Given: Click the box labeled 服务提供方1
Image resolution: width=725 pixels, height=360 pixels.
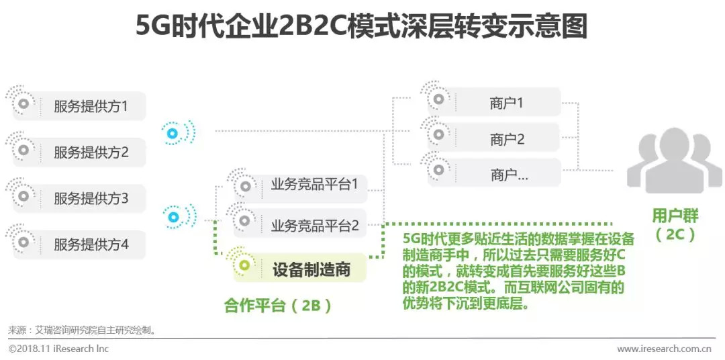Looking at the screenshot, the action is pyautogui.click(x=90, y=105).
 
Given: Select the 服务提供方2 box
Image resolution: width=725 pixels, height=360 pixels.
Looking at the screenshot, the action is pyautogui.click(x=90, y=152).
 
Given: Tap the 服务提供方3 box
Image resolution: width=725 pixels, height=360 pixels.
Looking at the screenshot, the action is pyautogui.click(x=90, y=198).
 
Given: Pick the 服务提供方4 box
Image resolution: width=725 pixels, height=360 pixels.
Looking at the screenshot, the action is pyautogui.click(x=90, y=244).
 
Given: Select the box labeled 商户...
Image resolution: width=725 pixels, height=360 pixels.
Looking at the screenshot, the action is pyautogui.click(x=506, y=175).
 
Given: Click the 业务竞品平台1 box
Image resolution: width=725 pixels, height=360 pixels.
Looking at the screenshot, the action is pyautogui.click(x=314, y=184).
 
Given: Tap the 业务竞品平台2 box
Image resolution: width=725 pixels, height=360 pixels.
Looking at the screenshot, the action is pyautogui.click(x=314, y=226).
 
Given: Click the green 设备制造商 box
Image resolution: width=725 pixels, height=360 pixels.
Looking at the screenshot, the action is pyautogui.click(x=311, y=269).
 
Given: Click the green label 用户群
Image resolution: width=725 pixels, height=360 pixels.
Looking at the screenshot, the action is pyautogui.click(x=675, y=216).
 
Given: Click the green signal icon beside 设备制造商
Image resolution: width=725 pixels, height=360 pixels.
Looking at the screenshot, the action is pyautogui.click(x=244, y=265).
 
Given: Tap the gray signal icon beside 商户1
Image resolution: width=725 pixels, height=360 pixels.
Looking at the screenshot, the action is pyautogui.click(x=438, y=99).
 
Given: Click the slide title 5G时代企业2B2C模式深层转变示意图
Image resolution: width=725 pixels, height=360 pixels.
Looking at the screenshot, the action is pyautogui.click(x=362, y=26).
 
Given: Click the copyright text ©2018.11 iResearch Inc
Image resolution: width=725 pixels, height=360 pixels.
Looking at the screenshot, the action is pyautogui.click(x=58, y=349).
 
